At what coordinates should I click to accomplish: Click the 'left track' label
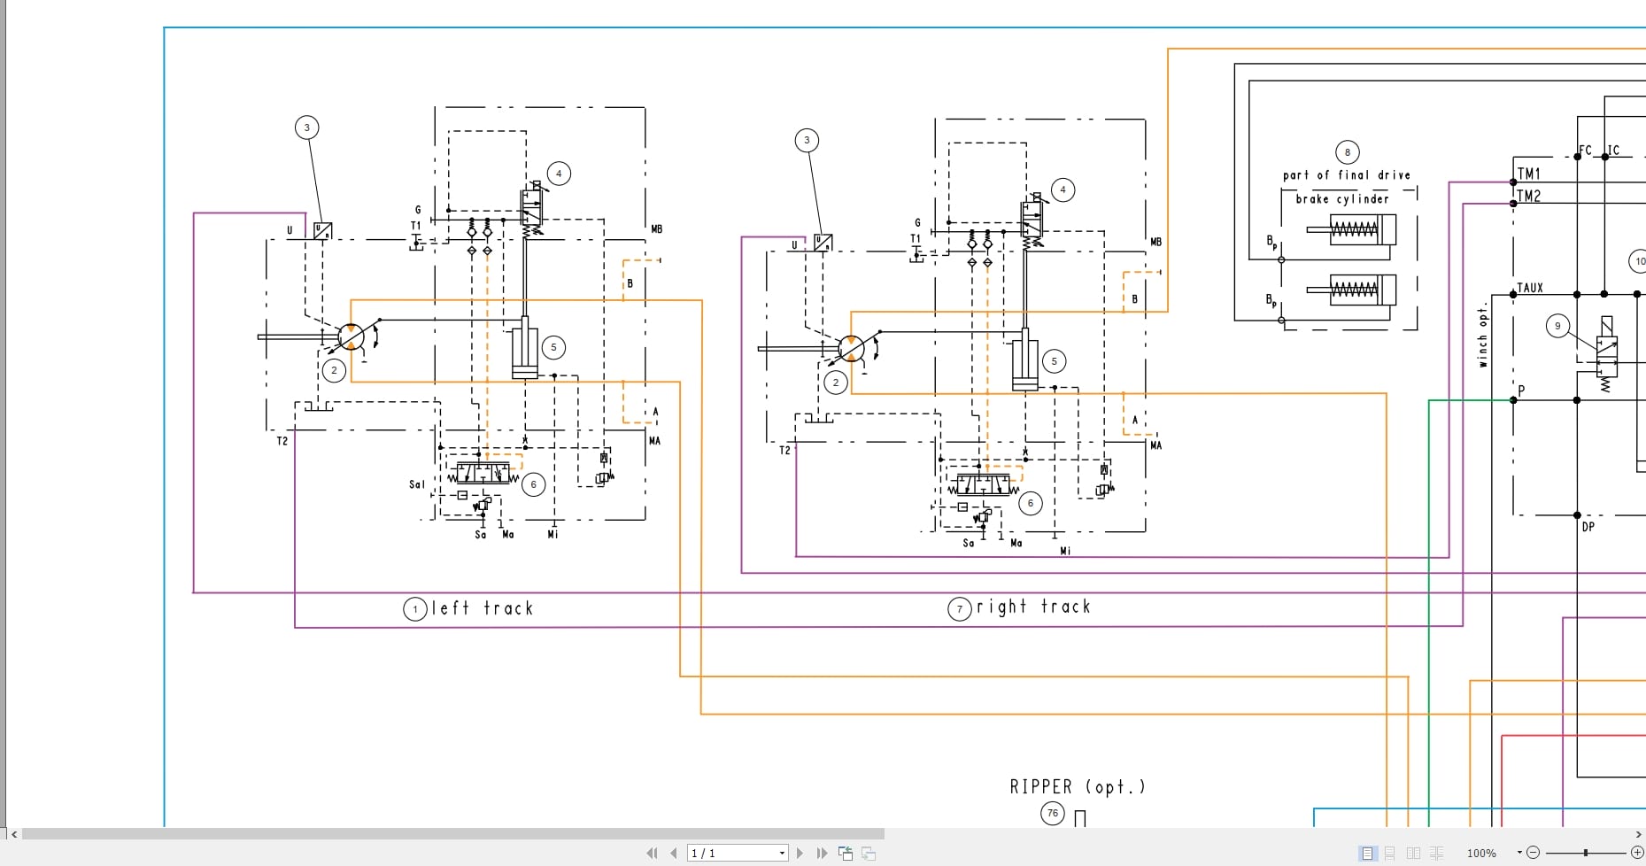coord(482,608)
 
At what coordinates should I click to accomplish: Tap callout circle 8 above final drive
coord(1347,152)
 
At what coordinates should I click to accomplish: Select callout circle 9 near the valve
coord(1557,326)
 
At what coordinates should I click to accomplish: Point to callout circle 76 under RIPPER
coord(1052,813)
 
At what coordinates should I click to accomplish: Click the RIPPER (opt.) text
coord(1077,786)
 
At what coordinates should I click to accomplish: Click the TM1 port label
coord(1529,174)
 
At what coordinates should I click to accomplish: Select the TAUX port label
coord(1530,288)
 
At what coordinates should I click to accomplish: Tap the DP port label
coord(1588,526)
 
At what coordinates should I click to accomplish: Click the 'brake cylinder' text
coord(1341,199)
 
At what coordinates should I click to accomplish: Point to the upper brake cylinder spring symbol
coord(1354,230)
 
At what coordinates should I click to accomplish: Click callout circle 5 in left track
coord(553,347)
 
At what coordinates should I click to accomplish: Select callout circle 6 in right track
coord(1030,503)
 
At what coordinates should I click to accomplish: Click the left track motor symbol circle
coord(352,336)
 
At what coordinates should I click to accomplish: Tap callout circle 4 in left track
coord(559,174)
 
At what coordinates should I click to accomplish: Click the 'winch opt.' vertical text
coord(1482,336)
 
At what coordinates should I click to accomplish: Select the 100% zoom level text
coord(1481,853)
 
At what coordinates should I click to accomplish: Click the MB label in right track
coord(1155,242)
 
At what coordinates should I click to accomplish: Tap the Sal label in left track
coord(417,484)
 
